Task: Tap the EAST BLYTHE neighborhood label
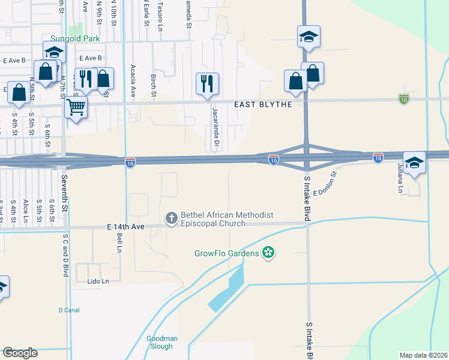pyautogui.click(x=263, y=104)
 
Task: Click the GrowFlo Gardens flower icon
pyautogui.click(x=269, y=253)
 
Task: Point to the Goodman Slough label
pyautogui.click(x=162, y=343)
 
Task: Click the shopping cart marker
pyautogui.click(x=76, y=108)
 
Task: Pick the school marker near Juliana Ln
pyautogui.click(x=414, y=163)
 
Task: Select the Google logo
pyautogui.click(x=20, y=352)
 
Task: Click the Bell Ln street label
pyautogui.click(x=119, y=240)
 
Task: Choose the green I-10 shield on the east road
pyautogui.click(x=404, y=98)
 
